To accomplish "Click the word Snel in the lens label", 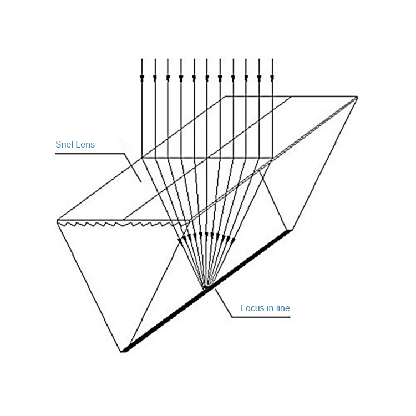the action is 65,145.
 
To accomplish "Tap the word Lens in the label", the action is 85,145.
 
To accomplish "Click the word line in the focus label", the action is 282,308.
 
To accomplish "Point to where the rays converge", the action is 206,287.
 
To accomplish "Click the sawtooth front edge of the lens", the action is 122,224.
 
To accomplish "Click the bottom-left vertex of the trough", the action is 123,351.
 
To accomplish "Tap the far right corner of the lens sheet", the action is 356,98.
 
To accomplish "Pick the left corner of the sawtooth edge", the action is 58,221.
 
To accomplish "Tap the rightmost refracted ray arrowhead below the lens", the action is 232,240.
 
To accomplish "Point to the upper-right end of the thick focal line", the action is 291,229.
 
